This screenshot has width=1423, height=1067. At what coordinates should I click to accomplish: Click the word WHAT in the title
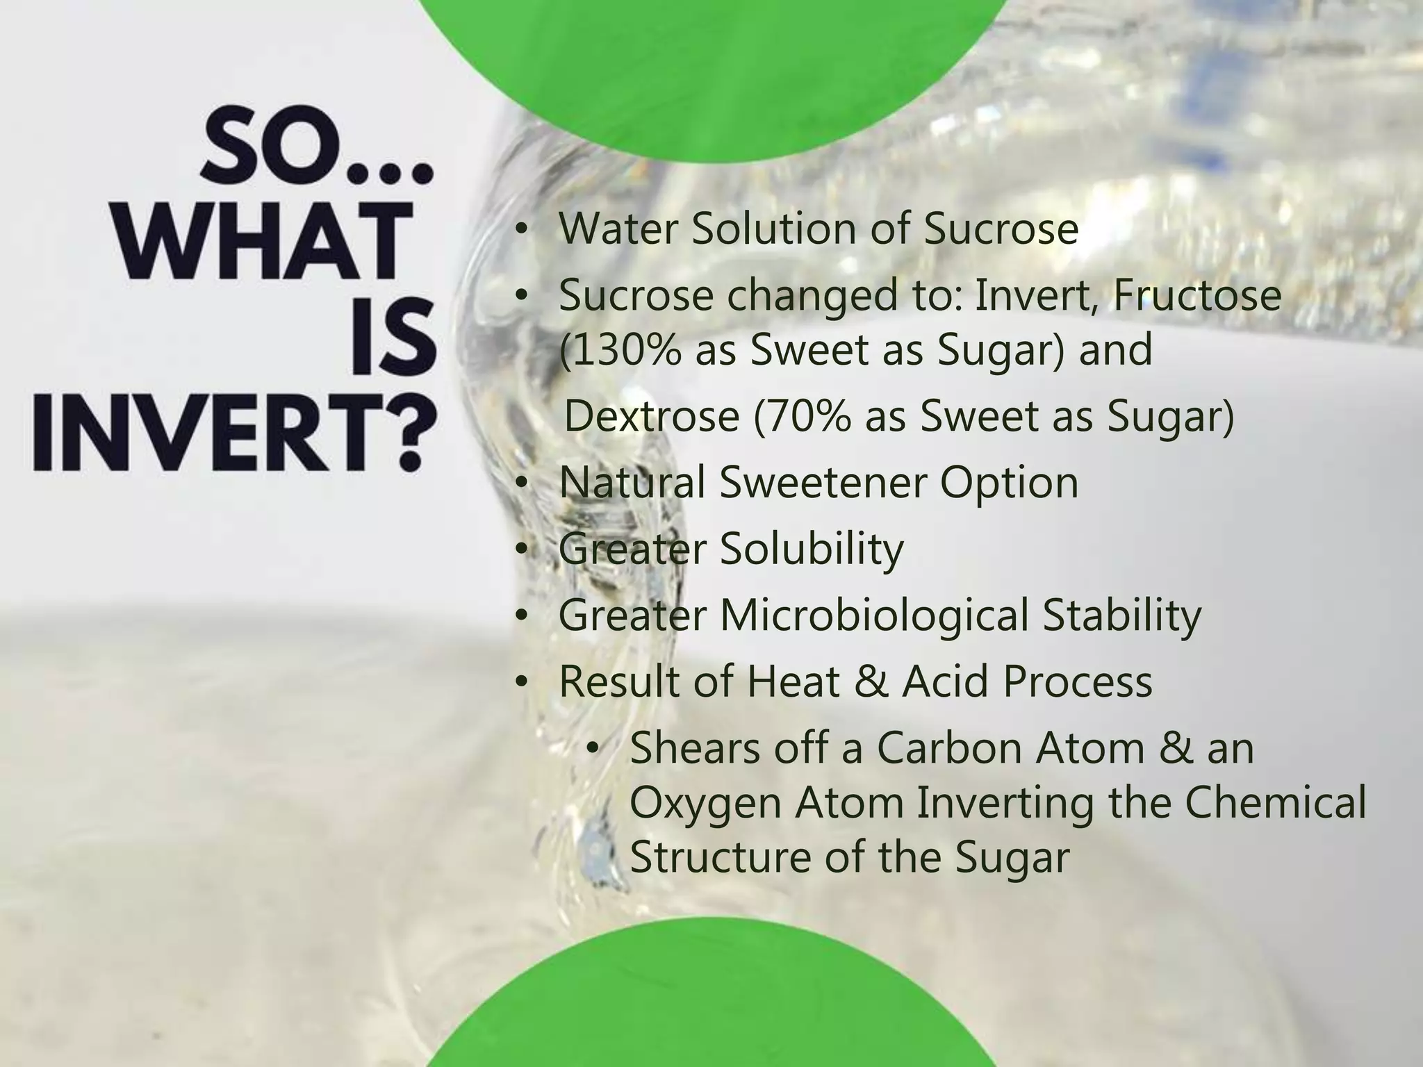[262, 241]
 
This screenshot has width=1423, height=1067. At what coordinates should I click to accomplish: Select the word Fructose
[1198, 295]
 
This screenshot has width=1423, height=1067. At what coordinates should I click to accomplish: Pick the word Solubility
[811, 549]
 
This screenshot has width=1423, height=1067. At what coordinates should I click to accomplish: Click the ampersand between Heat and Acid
[872, 681]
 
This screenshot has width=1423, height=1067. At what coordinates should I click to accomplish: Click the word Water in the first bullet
[617, 229]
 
